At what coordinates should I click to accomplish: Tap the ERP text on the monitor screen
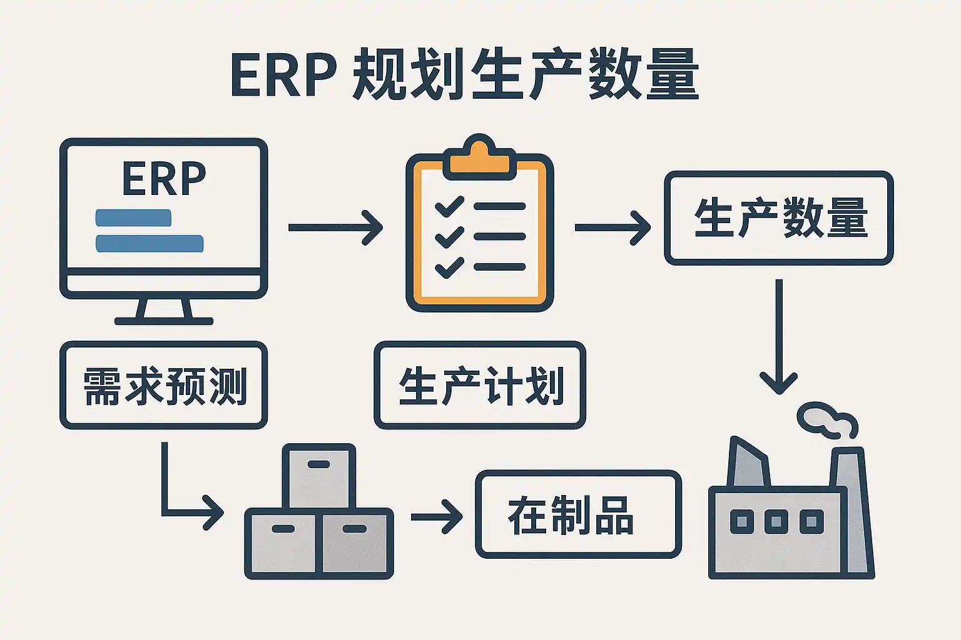(x=164, y=179)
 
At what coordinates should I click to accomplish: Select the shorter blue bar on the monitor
(x=133, y=217)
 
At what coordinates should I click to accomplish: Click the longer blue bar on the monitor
(x=150, y=243)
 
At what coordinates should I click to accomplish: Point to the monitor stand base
(x=164, y=321)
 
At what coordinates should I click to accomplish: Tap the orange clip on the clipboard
(x=479, y=157)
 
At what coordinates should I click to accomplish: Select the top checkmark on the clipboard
(x=449, y=206)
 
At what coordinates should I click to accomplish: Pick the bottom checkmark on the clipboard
(x=449, y=267)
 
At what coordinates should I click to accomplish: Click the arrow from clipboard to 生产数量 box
(x=612, y=227)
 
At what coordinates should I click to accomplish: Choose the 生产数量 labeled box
(x=779, y=217)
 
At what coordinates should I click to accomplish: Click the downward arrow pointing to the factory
(x=779, y=337)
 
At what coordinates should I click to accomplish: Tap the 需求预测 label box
(x=164, y=385)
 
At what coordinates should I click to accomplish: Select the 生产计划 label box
(x=480, y=385)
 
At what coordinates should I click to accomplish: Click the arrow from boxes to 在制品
(x=436, y=516)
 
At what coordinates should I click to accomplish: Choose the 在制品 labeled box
(x=578, y=514)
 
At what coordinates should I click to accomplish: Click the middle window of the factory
(x=776, y=521)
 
